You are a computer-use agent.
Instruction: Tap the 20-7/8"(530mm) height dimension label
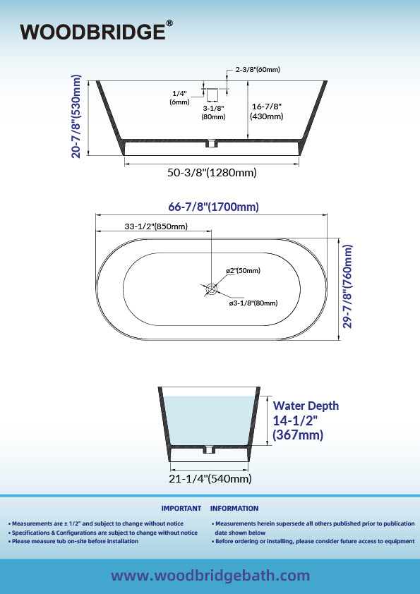pyautogui.click(x=76, y=116)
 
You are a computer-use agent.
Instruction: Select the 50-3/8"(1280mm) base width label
pyautogui.click(x=212, y=173)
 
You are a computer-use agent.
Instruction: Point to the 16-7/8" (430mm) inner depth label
pyautogui.click(x=267, y=111)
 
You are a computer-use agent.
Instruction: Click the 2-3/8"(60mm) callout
pyautogui.click(x=258, y=70)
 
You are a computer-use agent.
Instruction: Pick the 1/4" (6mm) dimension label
pyautogui.click(x=180, y=97)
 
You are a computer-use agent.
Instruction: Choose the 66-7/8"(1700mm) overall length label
pyautogui.click(x=213, y=207)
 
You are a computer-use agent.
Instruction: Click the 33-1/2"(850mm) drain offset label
pyautogui.click(x=156, y=226)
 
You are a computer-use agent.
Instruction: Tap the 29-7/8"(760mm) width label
pyautogui.click(x=347, y=286)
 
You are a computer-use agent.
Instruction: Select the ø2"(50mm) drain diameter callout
pyautogui.click(x=243, y=270)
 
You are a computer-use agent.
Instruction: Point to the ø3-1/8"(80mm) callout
pyautogui.click(x=253, y=303)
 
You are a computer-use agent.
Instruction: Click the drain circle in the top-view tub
pyautogui.click(x=211, y=289)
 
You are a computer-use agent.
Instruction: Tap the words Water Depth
pyautogui.click(x=306, y=406)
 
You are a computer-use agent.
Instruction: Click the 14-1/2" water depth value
pyautogui.click(x=295, y=420)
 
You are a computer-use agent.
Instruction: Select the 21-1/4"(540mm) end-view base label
pyautogui.click(x=210, y=479)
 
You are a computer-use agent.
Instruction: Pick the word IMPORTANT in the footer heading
pyautogui.click(x=181, y=509)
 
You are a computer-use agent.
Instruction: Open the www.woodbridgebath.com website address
pyautogui.click(x=210, y=576)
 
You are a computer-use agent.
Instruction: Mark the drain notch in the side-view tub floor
pyautogui.click(x=211, y=144)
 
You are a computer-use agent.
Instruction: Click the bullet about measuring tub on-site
pyautogui.click(x=73, y=541)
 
